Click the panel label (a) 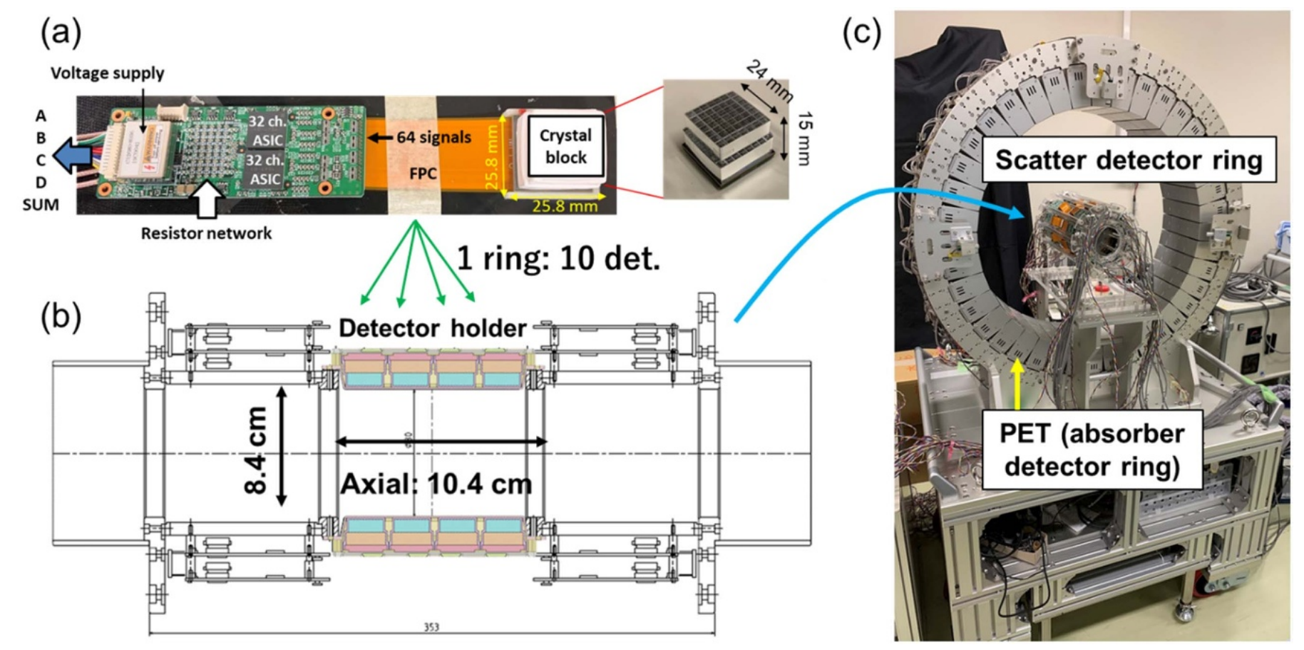61,33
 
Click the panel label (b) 61,316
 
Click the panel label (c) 861,33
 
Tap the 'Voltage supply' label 107,73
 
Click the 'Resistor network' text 206,233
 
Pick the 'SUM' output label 41,205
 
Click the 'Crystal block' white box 565,146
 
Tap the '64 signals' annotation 433,137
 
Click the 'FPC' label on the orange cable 423,173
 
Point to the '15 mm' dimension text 804,138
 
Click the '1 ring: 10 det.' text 558,258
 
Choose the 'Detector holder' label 432,327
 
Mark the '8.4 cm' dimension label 255,450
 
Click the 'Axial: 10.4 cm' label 436,484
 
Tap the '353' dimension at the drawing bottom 431,627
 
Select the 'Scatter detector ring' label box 1128,160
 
